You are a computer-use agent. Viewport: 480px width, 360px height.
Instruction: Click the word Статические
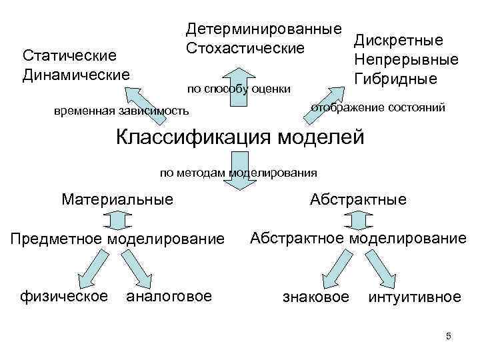pos(70,55)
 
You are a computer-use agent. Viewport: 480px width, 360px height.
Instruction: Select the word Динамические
pos(76,73)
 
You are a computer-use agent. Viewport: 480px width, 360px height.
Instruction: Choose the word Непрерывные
pos(407,60)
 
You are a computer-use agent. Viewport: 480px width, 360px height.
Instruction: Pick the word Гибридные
pos(395,79)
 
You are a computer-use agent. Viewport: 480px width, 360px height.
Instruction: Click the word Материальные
pos(117,199)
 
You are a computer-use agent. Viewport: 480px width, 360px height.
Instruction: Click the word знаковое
pos(315,296)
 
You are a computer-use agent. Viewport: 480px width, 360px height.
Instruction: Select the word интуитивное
pos(414,296)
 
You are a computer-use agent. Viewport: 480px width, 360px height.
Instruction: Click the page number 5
pos(449,335)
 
